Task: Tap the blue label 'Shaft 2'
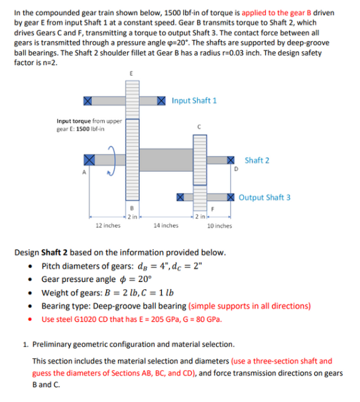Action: point(257,161)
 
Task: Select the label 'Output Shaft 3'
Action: point(265,197)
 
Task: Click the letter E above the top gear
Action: point(131,74)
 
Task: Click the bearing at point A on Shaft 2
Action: point(90,160)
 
